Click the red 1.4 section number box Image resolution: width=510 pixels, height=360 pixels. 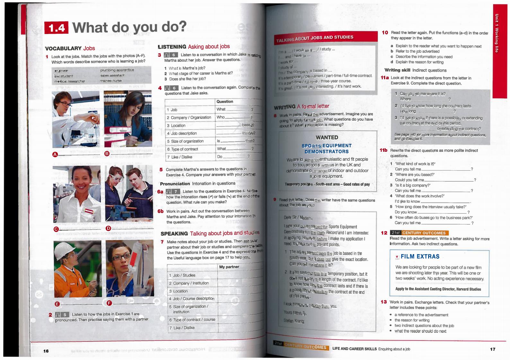[x=56, y=28]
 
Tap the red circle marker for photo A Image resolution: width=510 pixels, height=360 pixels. [x=55, y=154]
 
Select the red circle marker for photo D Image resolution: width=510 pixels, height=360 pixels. [x=108, y=228]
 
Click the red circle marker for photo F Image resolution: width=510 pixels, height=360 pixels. [x=109, y=303]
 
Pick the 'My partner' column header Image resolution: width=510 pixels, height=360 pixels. [x=229, y=267]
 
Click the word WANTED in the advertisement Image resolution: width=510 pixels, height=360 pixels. [x=327, y=137]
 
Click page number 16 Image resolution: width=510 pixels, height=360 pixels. [x=46, y=351]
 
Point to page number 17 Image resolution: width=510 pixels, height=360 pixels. [x=493, y=349]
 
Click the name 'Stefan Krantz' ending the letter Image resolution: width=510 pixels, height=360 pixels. [x=294, y=321]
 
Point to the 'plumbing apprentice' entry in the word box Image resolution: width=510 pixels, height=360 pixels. [x=117, y=70]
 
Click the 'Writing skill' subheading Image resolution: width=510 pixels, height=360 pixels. [x=397, y=70]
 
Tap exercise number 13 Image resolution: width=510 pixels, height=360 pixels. [x=383, y=302]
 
